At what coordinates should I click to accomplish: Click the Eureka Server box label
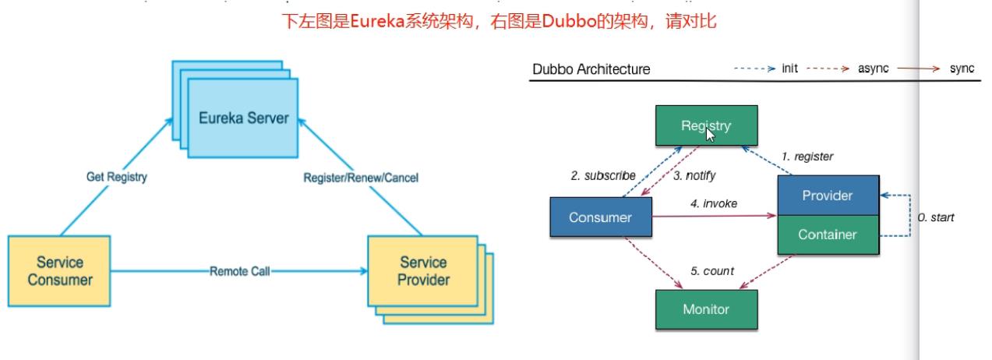(x=244, y=118)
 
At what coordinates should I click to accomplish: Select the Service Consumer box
(x=59, y=271)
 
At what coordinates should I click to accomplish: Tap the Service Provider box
(x=423, y=271)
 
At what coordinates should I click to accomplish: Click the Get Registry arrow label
(x=116, y=177)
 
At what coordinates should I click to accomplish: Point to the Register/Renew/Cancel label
(x=361, y=178)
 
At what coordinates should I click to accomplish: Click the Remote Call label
(x=239, y=271)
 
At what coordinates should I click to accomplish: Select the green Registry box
(x=706, y=125)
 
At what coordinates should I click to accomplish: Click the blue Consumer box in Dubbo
(x=601, y=217)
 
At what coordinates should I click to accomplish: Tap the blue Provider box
(x=828, y=196)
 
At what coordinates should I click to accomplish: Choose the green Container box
(x=828, y=235)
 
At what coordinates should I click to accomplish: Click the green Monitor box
(x=706, y=309)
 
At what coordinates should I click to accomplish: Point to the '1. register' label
(x=807, y=157)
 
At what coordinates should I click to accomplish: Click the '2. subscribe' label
(x=602, y=176)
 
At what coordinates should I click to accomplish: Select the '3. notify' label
(x=694, y=176)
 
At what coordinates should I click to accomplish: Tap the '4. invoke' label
(x=714, y=203)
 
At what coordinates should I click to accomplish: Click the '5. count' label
(x=711, y=271)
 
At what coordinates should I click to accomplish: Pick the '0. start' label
(x=935, y=217)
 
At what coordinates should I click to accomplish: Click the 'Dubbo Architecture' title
(x=591, y=69)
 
